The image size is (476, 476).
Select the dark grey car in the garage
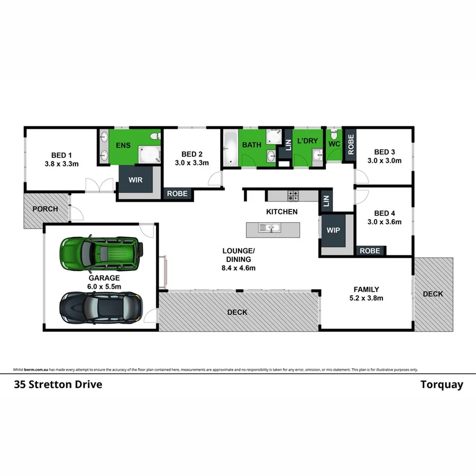101,307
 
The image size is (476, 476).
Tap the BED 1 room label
61,155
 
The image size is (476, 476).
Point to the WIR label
135,180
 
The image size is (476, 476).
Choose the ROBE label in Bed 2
177,194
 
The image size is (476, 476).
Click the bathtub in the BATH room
231,149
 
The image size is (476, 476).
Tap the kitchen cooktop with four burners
292,196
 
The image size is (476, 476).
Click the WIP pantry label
334,231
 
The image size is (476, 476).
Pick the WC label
334,144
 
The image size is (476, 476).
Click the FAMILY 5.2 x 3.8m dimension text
365,298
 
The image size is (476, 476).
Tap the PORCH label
45,209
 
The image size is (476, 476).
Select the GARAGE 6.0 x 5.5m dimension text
104,286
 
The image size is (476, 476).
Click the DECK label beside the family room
433,294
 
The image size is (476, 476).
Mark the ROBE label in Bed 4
370,251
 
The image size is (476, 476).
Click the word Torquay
442,385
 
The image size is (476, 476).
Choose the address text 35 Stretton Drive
58,385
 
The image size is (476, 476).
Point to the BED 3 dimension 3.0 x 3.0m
385,160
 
